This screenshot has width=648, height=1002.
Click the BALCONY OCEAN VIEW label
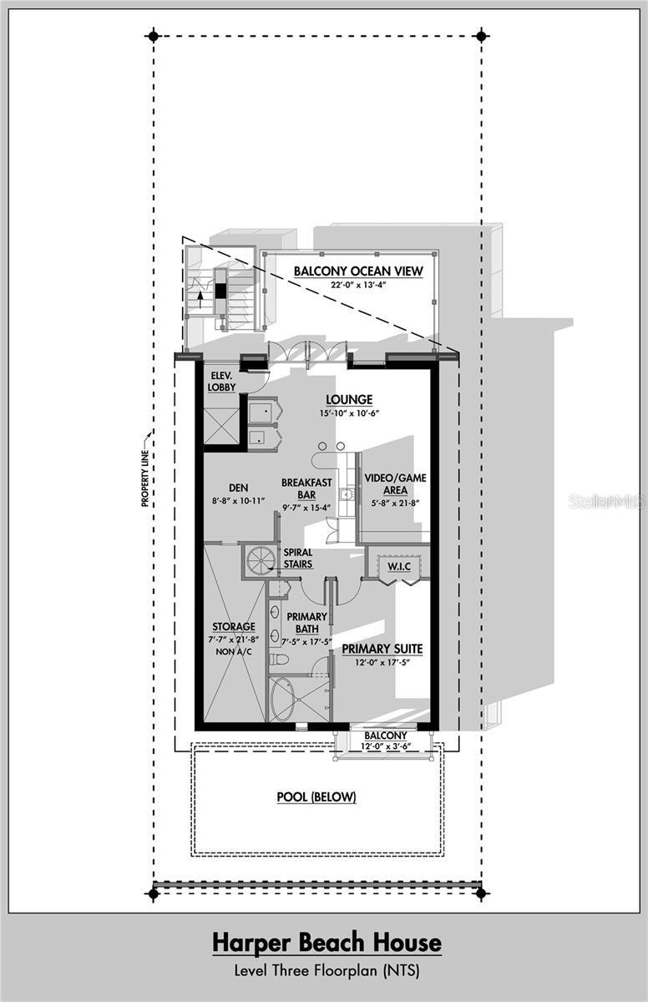coord(358,271)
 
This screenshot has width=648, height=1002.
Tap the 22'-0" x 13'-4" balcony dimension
coord(358,286)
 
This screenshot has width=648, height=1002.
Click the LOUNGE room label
coord(349,400)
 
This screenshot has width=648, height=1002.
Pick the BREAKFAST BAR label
coord(306,488)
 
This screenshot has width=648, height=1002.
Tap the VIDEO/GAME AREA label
coord(396,484)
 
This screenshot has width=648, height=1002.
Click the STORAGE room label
coord(234,626)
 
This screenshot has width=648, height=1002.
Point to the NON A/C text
coord(234,651)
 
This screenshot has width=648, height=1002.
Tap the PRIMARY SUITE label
coord(382,648)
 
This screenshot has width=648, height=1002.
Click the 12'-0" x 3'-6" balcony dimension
coord(385,746)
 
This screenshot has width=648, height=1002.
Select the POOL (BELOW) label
coord(316,797)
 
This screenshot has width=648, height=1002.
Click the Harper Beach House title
coord(326,944)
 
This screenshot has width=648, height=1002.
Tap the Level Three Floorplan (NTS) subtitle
coord(326,970)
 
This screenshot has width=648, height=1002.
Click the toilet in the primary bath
coord(280,660)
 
